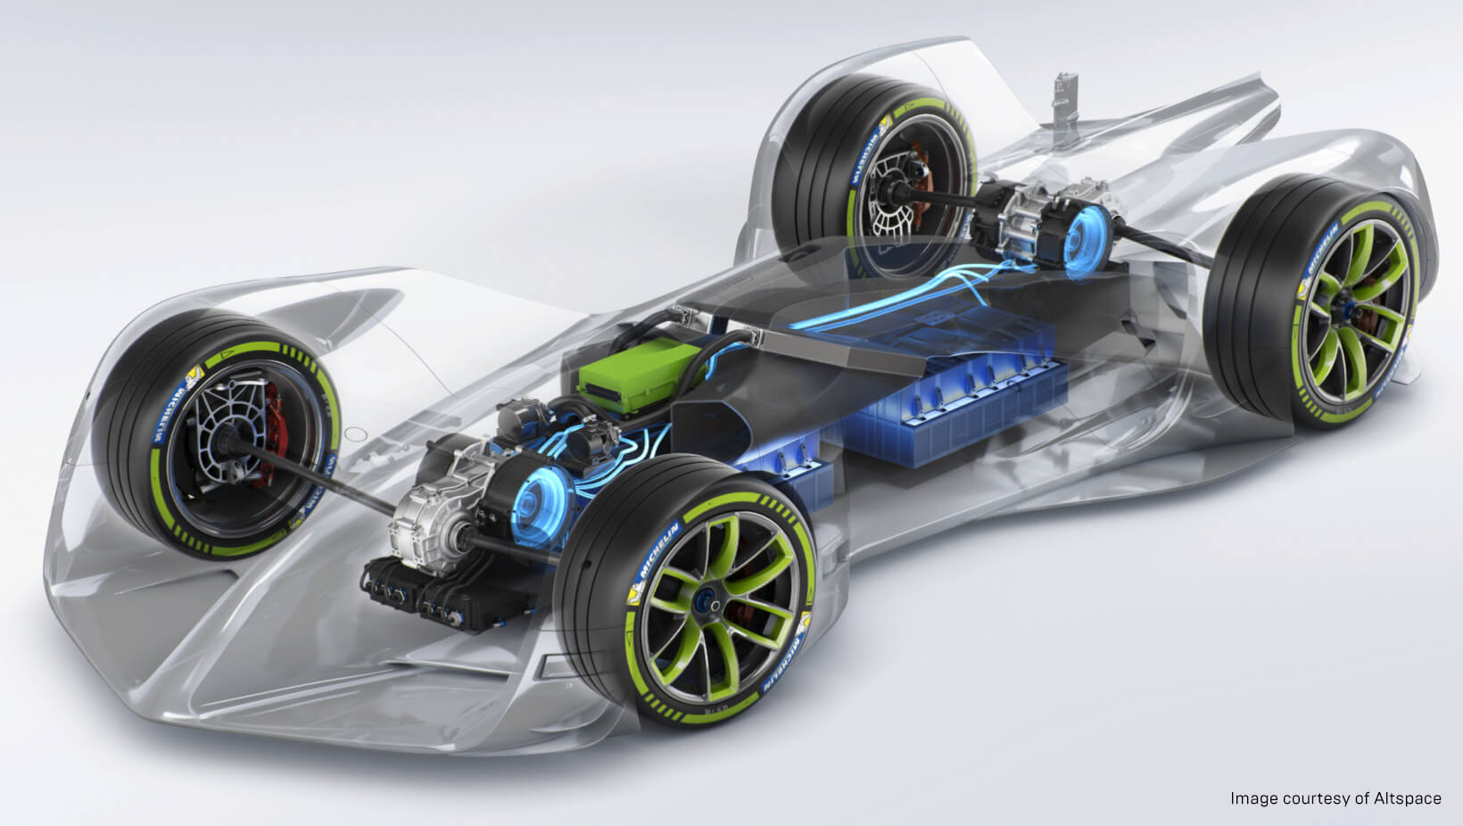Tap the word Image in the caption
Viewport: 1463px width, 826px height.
[1250, 798]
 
